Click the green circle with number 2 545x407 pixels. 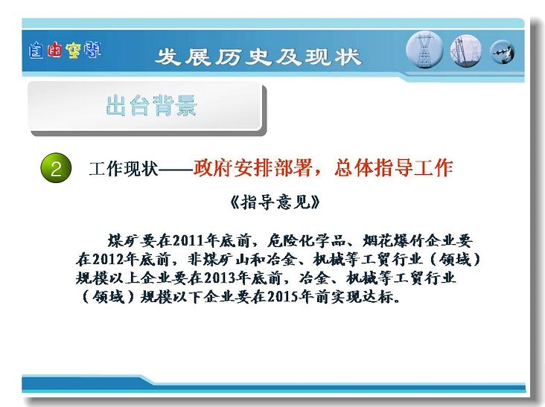tap(56, 168)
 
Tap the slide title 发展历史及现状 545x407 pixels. tap(258, 57)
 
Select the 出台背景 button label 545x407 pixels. tap(151, 105)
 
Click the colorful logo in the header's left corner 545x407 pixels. tap(65, 51)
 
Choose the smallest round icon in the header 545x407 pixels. tap(502, 52)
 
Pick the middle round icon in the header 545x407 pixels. tap(466, 51)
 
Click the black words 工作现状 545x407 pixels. tap(124, 169)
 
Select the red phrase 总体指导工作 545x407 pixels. tap(394, 168)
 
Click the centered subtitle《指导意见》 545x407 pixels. tap(275, 202)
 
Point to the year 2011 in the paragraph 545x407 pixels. tap(188, 240)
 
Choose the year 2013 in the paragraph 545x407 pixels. tap(220, 278)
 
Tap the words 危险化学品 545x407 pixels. tap(307, 240)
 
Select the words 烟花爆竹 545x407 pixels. tap(394, 240)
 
